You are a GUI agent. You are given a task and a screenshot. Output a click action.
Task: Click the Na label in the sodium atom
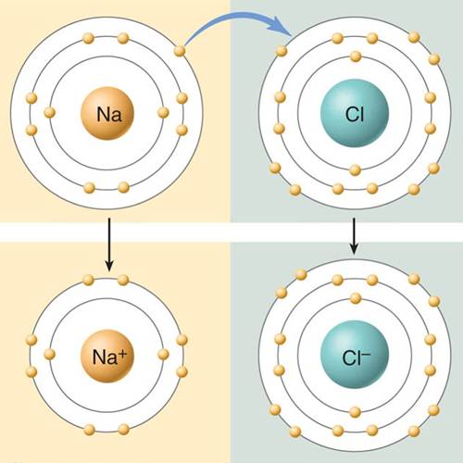[x=109, y=114]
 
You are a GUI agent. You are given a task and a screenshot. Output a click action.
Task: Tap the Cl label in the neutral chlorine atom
[x=355, y=114]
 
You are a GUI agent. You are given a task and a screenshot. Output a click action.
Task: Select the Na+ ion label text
[x=109, y=357]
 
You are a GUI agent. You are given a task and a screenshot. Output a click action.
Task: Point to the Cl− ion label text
[x=357, y=357]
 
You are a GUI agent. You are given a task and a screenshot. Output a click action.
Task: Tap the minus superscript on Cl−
[x=367, y=353]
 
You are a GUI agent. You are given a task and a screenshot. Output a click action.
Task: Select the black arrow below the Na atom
[x=109, y=244]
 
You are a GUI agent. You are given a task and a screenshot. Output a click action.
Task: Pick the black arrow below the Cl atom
[x=354, y=236]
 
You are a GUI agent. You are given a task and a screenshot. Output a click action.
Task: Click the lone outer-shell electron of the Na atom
[x=180, y=51]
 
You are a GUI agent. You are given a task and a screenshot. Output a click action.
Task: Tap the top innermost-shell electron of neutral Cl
[x=356, y=56]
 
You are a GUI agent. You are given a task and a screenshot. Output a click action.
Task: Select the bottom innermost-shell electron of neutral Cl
[x=356, y=170]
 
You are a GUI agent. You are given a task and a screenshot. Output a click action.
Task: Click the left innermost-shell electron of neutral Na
[x=49, y=113]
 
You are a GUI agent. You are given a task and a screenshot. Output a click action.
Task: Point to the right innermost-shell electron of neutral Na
[x=163, y=113]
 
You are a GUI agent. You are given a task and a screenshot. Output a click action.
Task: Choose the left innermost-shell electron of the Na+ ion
[x=49, y=355]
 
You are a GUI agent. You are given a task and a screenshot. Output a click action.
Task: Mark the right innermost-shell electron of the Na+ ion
[x=163, y=355]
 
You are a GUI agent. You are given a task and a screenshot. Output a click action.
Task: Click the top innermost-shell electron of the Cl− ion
[x=356, y=298]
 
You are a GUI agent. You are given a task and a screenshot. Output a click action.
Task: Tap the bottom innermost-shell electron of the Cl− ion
[x=356, y=412]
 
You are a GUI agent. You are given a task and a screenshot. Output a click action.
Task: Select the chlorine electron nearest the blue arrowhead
[x=282, y=51]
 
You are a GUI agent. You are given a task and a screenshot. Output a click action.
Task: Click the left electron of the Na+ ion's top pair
[x=88, y=280]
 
